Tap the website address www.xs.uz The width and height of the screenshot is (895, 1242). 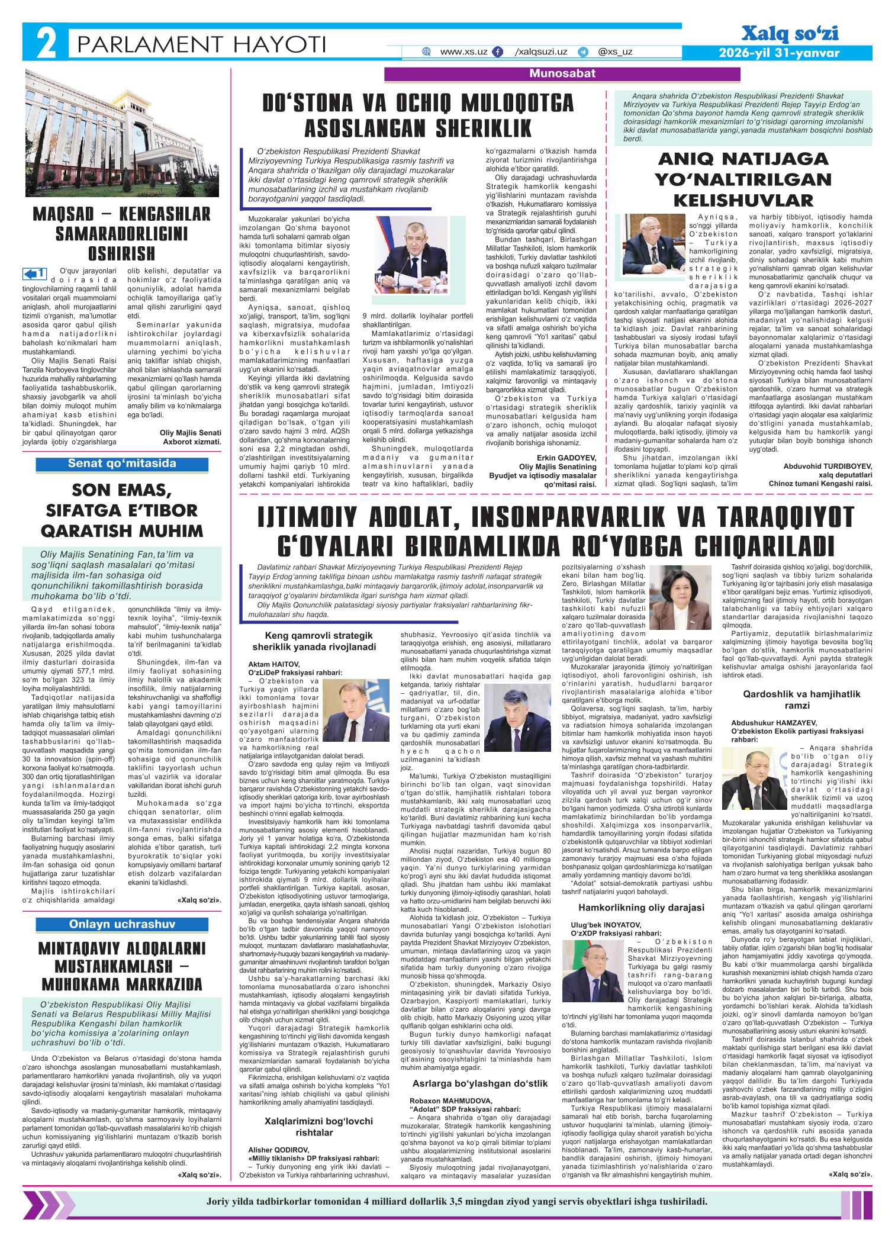[x=463, y=52]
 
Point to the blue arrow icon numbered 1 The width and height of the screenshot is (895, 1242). [x=34, y=274]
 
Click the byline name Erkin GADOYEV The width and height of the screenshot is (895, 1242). [x=565, y=458]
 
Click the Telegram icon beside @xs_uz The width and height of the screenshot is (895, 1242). [x=583, y=52]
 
